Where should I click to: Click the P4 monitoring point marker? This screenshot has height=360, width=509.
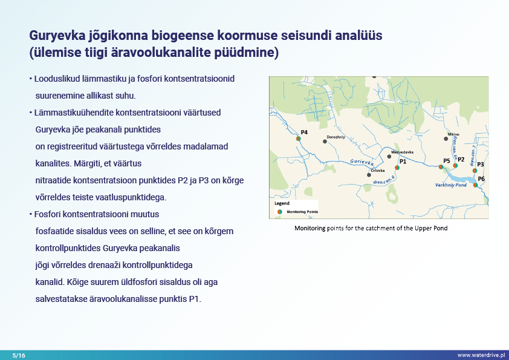299,139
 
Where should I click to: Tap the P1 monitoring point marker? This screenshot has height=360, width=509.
397,168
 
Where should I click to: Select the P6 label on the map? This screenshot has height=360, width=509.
481,179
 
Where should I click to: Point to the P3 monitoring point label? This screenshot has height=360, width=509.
481,164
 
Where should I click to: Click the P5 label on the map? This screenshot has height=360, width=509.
446,160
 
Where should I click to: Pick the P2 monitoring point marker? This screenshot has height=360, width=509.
455,165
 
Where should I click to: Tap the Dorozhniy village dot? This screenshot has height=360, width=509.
325,142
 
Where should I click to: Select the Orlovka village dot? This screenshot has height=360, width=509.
369,175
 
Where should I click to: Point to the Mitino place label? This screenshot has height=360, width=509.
453,134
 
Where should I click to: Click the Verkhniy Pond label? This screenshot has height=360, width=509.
450,185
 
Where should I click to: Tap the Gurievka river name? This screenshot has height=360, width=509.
362,162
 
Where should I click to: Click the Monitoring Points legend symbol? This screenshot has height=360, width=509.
280,212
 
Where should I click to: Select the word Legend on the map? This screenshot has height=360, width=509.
282,204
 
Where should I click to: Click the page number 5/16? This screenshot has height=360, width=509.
19,355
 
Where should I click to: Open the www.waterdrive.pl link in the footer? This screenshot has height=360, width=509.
481,355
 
